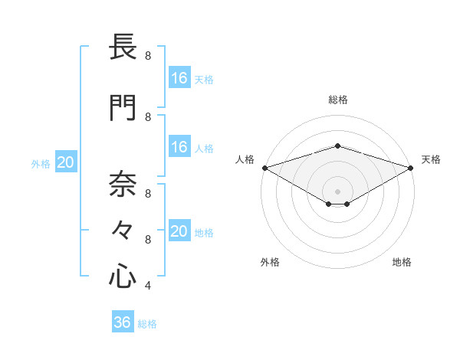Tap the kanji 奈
[x=123, y=184]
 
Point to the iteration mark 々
[x=123, y=230]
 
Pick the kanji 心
[x=123, y=275]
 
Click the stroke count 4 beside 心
[x=147, y=286]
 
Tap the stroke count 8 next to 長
[x=147, y=56]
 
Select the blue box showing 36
[x=122, y=322]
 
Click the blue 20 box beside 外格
[x=65, y=162]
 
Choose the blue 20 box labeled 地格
[x=179, y=231]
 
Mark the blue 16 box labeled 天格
[x=179, y=78]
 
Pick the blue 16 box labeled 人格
[x=179, y=147]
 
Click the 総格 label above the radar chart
[x=337, y=100]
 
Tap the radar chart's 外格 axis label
[x=270, y=262]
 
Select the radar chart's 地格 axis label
[x=402, y=262]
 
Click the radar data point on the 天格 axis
[x=411, y=168]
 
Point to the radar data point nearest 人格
[x=264, y=168]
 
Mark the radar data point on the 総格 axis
[x=337, y=146]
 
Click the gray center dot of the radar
[x=337, y=191]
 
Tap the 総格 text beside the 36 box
[x=147, y=324]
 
